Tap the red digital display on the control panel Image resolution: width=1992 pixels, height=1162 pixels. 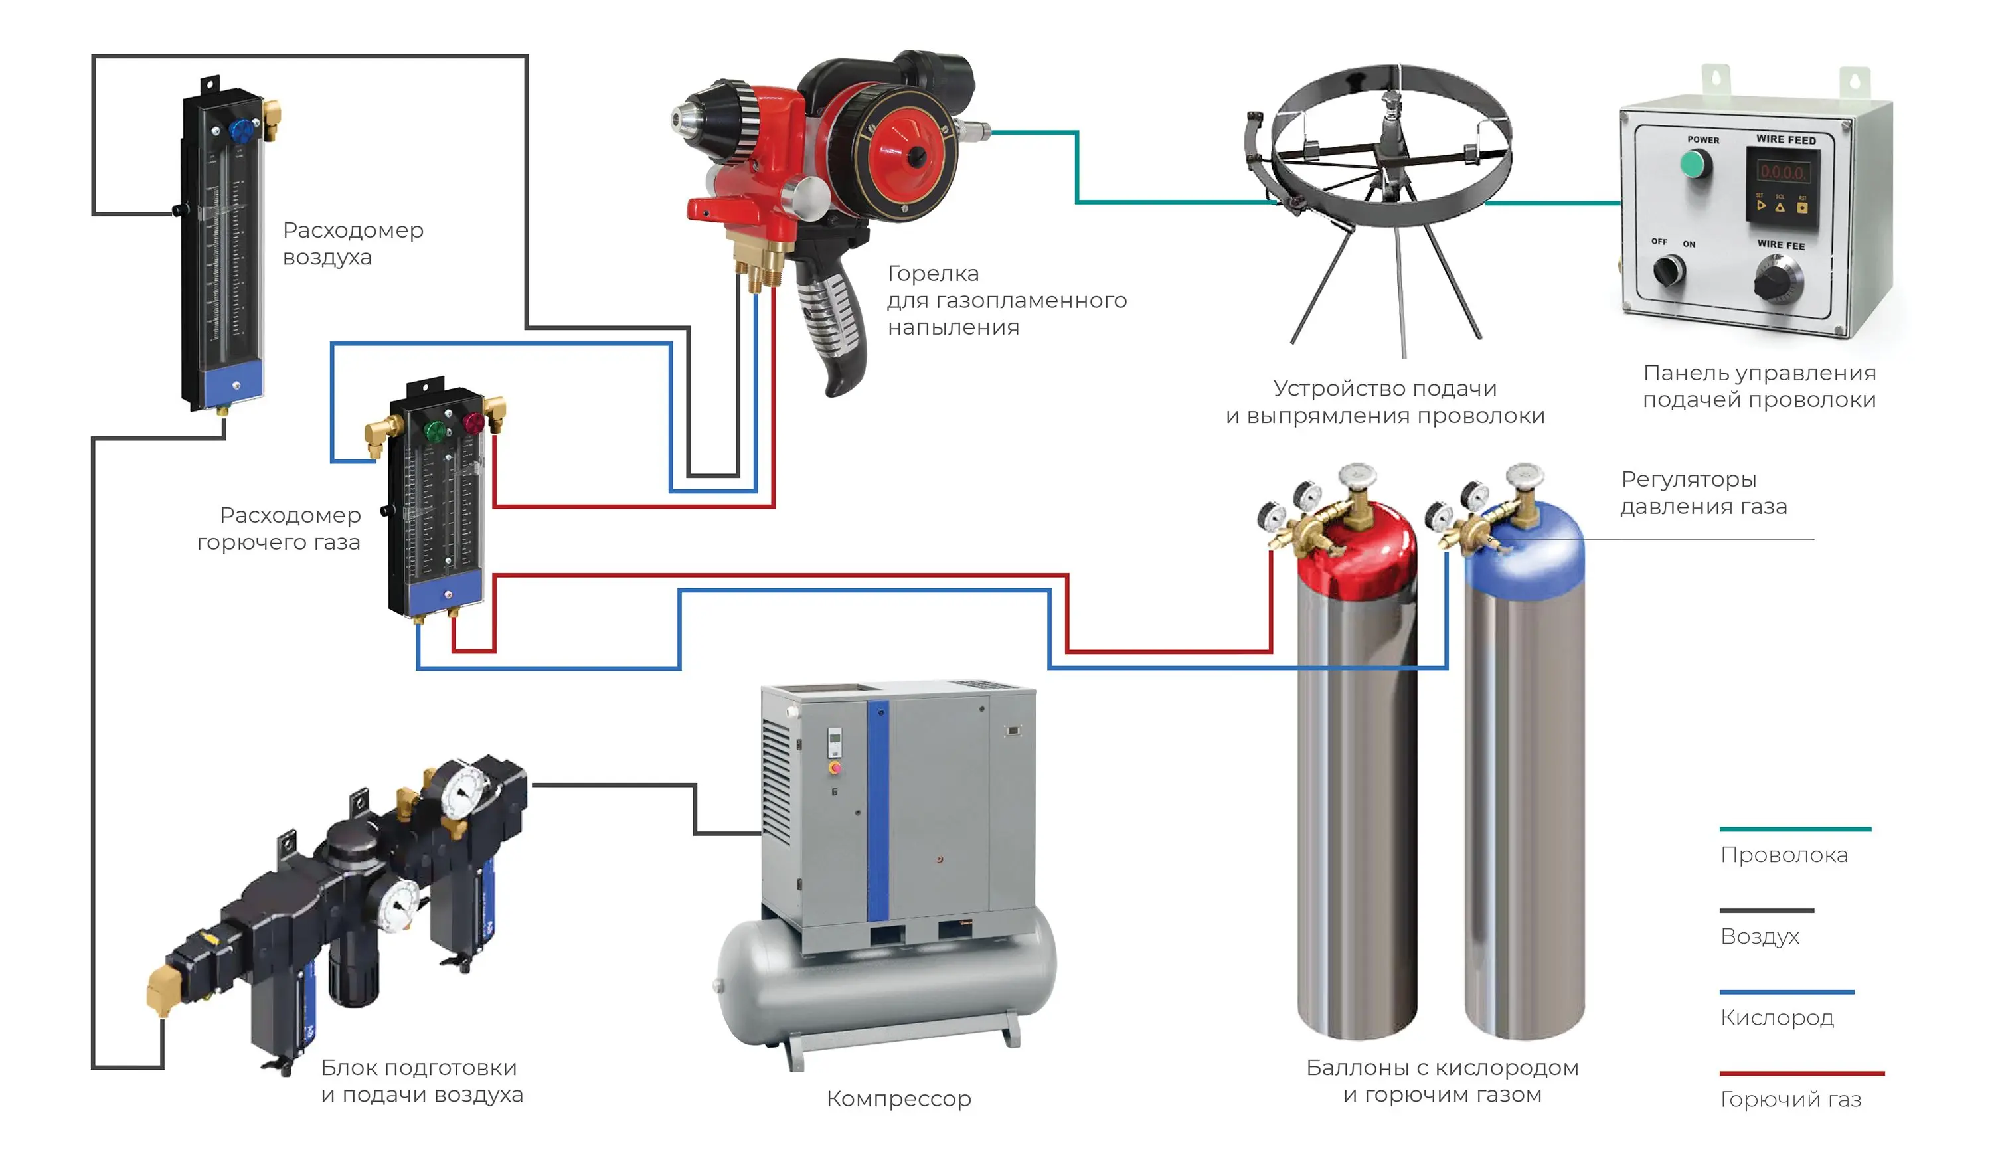point(1782,171)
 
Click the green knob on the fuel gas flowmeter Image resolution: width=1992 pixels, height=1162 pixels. point(435,431)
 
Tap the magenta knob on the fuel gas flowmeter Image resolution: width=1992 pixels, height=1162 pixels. point(473,423)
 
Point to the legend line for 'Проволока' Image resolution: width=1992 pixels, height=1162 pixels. point(1794,829)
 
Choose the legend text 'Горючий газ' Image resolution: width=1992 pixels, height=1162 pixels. point(1790,1100)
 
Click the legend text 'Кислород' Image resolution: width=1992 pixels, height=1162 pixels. point(1777,1018)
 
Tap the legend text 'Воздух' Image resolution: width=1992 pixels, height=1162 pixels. point(1760,937)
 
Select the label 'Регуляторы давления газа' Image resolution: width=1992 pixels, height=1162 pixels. point(1703,493)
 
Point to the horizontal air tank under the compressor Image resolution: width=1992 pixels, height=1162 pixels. point(885,988)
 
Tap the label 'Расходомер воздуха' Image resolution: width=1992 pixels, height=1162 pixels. point(353,244)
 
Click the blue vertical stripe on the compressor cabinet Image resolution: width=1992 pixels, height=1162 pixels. point(877,814)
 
